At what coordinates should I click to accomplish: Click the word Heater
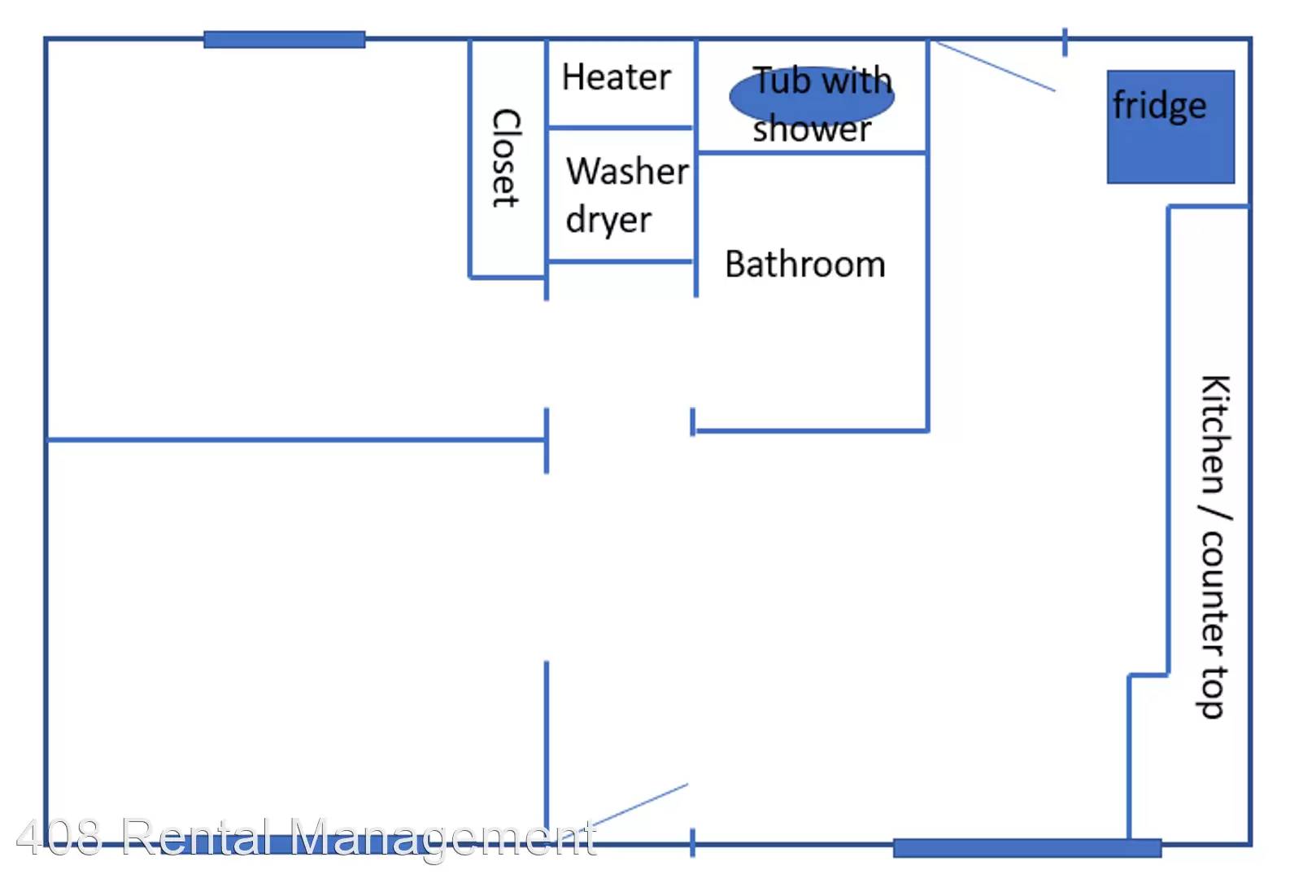(x=617, y=77)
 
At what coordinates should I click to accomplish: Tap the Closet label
(x=507, y=158)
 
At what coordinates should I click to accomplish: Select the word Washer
(x=627, y=171)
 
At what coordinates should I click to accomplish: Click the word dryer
(x=608, y=221)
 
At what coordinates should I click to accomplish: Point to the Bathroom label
(x=805, y=264)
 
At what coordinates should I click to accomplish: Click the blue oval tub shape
(x=812, y=96)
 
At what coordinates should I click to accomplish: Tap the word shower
(x=812, y=129)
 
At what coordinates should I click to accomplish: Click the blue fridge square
(x=1170, y=127)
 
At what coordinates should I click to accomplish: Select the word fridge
(x=1159, y=106)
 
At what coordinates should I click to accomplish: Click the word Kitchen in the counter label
(x=1216, y=435)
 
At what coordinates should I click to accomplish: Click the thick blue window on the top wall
(x=285, y=39)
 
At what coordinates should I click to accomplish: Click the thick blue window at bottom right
(x=1027, y=848)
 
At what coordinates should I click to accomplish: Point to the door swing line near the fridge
(x=995, y=66)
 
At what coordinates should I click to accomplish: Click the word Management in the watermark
(x=442, y=838)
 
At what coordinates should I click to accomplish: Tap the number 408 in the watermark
(x=59, y=837)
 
